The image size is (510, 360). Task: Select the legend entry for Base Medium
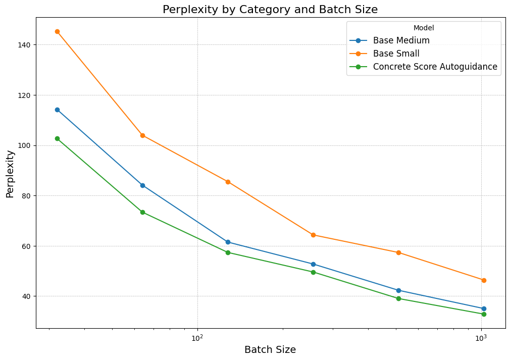401,40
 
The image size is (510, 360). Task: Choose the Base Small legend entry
396,54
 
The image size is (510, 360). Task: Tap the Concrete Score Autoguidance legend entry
435,67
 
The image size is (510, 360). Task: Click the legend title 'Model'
423,28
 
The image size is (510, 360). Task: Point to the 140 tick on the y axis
24,45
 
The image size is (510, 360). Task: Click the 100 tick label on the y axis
24,145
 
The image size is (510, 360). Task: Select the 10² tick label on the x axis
197,338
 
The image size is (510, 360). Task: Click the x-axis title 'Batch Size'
270,349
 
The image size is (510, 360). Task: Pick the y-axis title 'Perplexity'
10,173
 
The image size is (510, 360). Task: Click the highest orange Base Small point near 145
57,31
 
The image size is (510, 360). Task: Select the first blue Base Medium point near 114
57,110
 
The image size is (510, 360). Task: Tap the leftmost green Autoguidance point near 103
57,138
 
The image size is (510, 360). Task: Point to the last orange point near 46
484,280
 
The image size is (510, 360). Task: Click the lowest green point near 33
484,314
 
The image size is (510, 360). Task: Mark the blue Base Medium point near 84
142,185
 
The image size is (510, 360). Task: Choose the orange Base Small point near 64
313,235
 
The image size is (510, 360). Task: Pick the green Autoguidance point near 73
142,212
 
